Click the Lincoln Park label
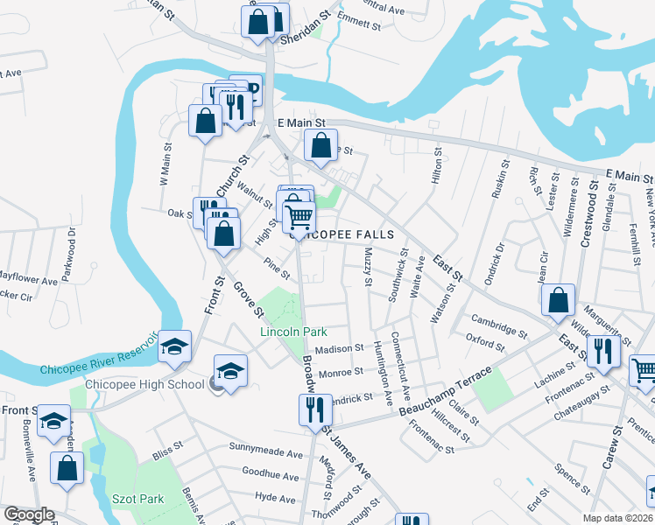292,332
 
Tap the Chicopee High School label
144,385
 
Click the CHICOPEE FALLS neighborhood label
349,234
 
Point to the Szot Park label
138,499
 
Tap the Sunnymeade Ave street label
265,455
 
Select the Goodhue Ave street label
272,474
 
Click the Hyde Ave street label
275,498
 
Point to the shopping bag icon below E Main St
320,145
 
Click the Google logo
28,514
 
